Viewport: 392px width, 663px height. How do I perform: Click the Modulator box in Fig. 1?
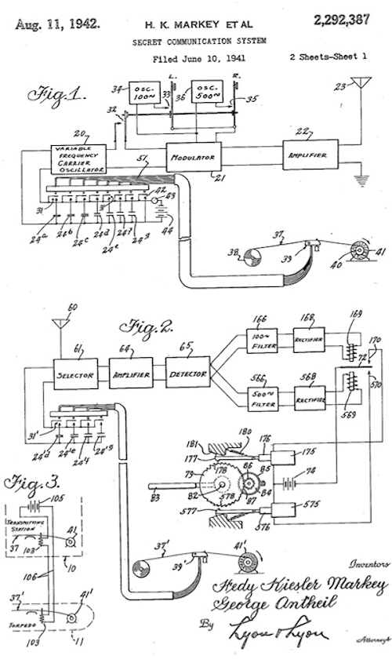(x=193, y=156)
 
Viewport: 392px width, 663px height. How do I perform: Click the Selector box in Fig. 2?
(x=75, y=375)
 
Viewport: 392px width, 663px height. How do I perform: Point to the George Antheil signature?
(x=279, y=605)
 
